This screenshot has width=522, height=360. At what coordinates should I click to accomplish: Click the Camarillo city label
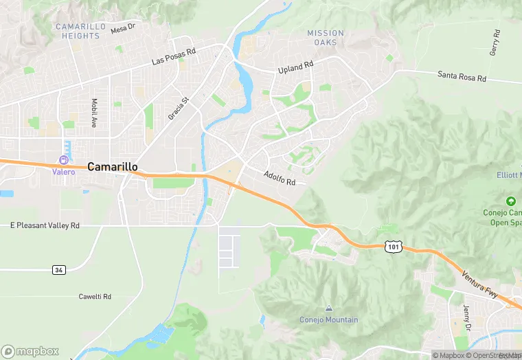coord(113,166)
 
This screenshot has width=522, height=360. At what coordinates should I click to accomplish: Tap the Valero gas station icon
coord(64,160)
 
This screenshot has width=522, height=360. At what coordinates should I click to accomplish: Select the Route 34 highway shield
coord(59,269)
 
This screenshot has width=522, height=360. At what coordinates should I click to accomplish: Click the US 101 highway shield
coord(393,246)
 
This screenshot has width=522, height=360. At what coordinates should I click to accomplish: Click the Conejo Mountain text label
coord(329,319)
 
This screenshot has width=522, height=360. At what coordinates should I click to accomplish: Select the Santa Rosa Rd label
coord(462,76)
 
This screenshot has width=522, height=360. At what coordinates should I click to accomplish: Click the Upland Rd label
coord(295,67)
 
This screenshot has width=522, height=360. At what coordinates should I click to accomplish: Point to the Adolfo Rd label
coord(280,179)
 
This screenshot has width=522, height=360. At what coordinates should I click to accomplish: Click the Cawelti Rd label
coord(95,296)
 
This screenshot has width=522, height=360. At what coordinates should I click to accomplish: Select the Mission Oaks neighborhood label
coord(326,38)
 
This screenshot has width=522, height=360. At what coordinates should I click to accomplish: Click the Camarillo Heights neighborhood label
coord(80,31)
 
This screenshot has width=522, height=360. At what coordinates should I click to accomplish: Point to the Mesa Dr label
coord(123,28)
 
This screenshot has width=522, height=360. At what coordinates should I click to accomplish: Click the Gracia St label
coord(178,108)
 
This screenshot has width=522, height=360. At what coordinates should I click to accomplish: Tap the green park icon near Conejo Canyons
coord(510,201)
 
